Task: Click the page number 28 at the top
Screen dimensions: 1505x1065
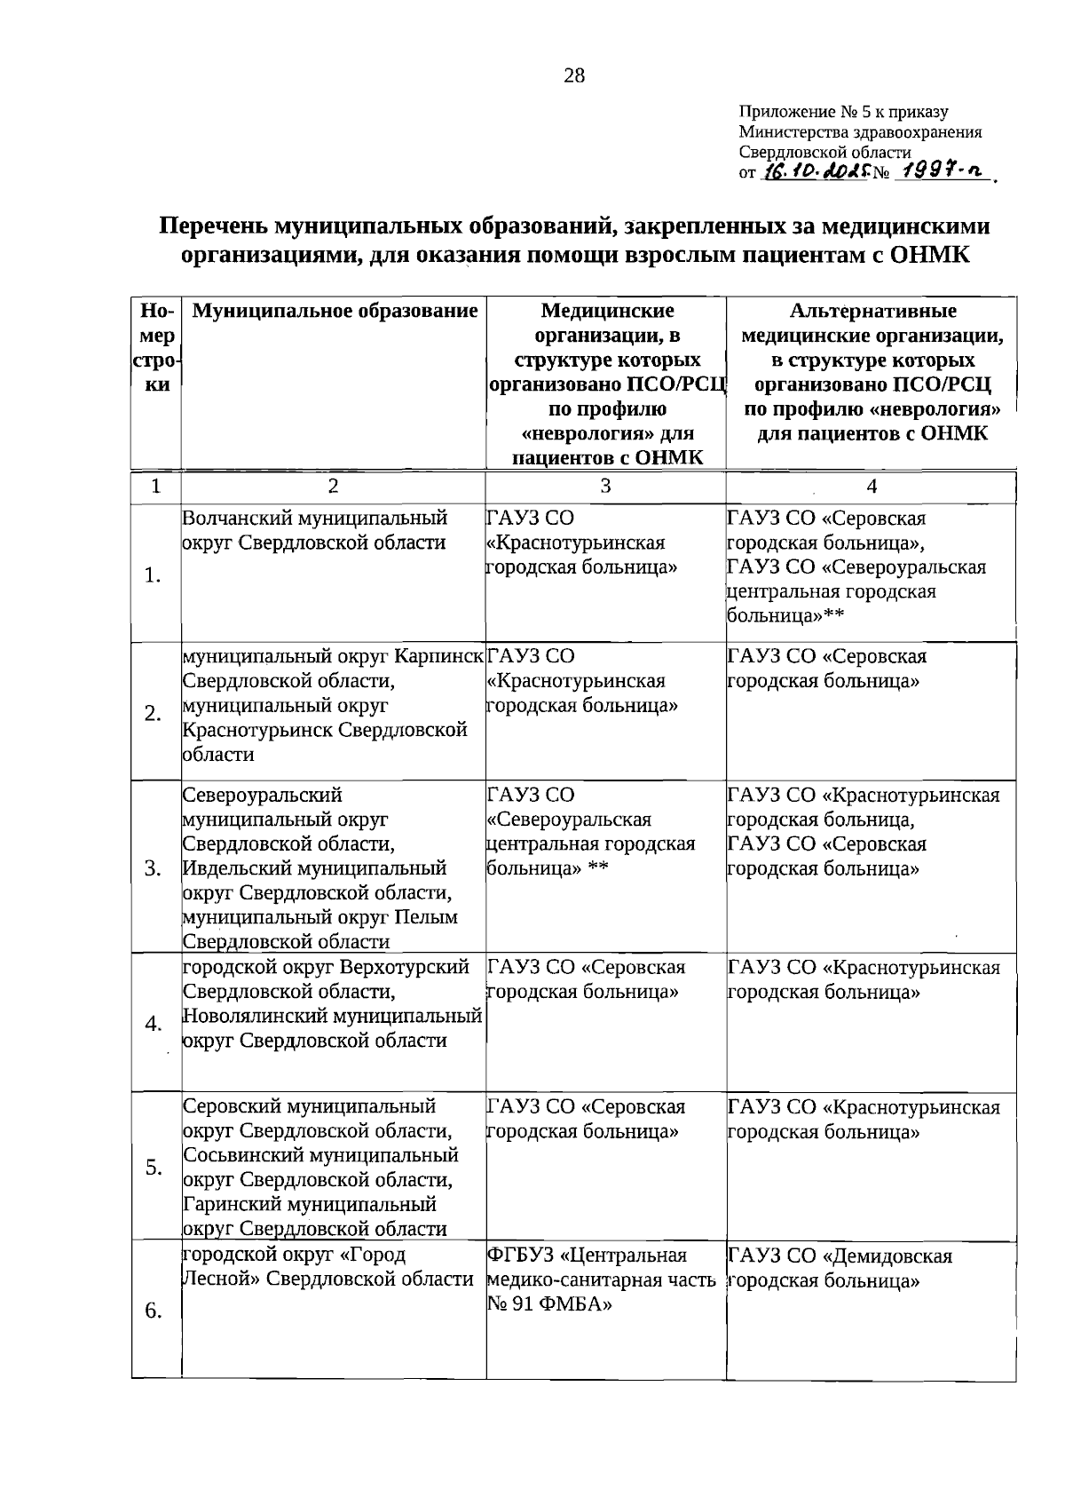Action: pyautogui.click(x=574, y=75)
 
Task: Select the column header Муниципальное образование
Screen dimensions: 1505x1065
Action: pyautogui.click(x=335, y=311)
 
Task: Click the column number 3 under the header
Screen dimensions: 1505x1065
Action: pyautogui.click(x=605, y=486)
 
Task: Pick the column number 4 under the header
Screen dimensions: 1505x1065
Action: pyautogui.click(x=872, y=486)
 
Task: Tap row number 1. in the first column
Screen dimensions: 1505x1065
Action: pyautogui.click(x=153, y=575)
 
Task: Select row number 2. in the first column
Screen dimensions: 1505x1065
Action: pyautogui.click(x=153, y=714)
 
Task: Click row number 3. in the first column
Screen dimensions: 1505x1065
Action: pyautogui.click(x=153, y=867)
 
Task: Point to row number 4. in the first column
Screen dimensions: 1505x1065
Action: pyautogui.click(x=153, y=1024)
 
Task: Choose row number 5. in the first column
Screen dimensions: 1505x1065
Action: pyautogui.click(x=153, y=1167)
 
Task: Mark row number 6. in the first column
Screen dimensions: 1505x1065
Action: pyautogui.click(x=153, y=1311)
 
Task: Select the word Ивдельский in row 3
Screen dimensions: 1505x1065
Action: pyautogui.click(x=228, y=867)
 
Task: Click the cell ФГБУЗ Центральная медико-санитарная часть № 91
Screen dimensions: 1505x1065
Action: pyautogui.click(x=602, y=1279)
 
